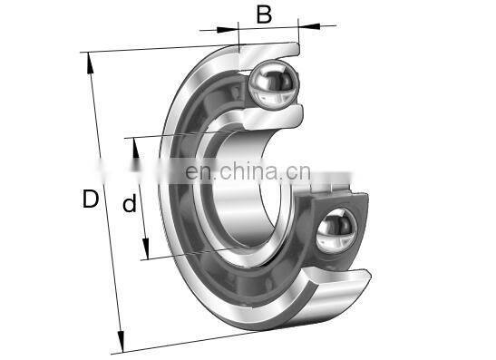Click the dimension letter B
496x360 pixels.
click(264, 15)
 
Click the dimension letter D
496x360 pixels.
click(91, 199)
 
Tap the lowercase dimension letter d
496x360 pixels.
click(130, 203)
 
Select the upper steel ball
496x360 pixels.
click(273, 84)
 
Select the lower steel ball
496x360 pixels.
click(336, 231)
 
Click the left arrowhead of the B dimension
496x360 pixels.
click(227, 30)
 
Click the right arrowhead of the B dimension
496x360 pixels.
click(309, 25)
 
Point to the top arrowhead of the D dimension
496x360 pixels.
click(90, 63)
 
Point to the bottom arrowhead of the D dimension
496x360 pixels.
click(121, 341)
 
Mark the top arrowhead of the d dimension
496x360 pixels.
click(136, 148)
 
